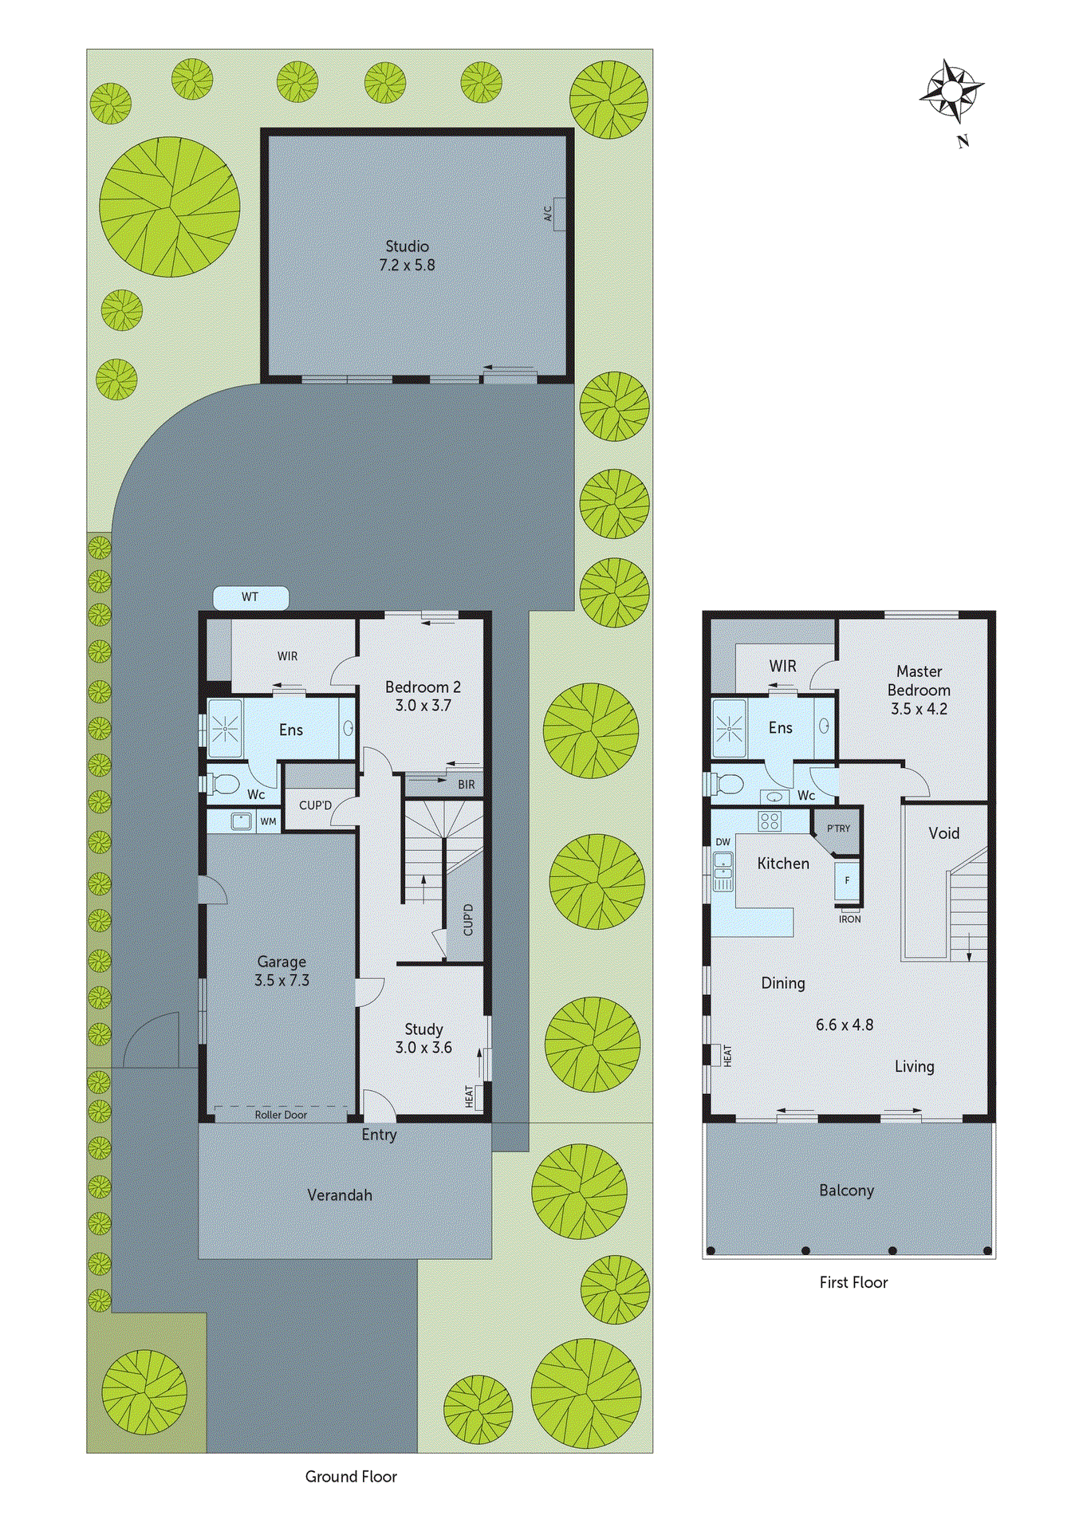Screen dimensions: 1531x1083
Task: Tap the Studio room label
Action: click(407, 246)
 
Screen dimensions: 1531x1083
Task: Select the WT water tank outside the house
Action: click(250, 597)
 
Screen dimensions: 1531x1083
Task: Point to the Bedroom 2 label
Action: click(423, 687)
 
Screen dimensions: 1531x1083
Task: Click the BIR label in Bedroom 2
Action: click(466, 785)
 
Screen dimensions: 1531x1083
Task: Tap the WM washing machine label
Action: click(269, 821)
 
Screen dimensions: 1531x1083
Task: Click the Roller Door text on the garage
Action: click(281, 1115)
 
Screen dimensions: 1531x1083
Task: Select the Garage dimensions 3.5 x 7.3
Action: click(282, 981)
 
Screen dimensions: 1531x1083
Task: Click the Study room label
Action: click(423, 1029)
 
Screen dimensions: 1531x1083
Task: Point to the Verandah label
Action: click(340, 1195)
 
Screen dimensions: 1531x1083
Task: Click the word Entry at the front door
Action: click(379, 1135)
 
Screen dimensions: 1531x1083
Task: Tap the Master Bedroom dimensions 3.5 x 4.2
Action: click(919, 709)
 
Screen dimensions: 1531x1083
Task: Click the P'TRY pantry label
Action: click(838, 828)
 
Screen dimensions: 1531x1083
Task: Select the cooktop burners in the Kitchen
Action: click(770, 821)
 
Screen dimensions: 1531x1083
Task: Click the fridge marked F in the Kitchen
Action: click(847, 880)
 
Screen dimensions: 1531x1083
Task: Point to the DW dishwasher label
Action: click(723, 842)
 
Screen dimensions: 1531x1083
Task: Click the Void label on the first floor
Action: click(943, 833)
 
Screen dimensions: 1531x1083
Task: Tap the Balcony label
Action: click(847, 1191)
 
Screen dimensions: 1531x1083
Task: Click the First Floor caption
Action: click(853, 1282)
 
